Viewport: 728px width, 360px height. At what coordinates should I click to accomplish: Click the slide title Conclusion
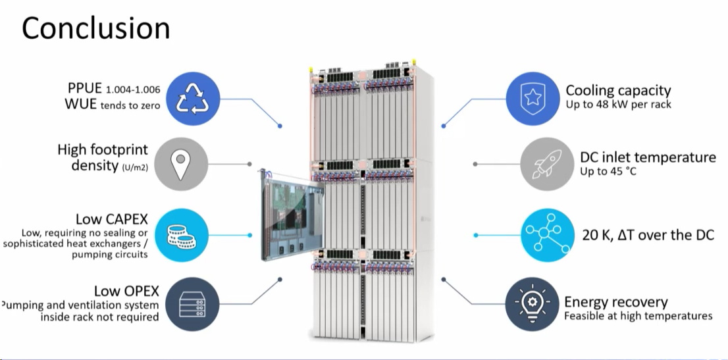(x=96, y=28)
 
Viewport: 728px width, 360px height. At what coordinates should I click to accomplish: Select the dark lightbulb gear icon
(x=533, y=304)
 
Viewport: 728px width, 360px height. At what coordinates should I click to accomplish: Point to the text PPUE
(x=84, y=89)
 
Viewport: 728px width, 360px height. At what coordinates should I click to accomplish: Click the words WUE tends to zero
(x=113, y=105)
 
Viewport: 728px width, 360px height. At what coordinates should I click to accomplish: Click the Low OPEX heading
(x=125, y=290)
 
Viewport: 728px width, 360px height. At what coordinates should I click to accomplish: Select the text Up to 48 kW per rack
(x=618, y=105)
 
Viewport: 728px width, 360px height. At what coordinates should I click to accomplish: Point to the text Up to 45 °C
(x=609, y=172)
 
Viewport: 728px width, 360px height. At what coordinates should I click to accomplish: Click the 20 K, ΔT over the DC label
(x=648, y=235)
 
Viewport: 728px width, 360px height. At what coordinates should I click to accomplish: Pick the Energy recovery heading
(x=615, y=302)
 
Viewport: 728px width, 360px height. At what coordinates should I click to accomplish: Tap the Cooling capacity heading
(x=618, y=90)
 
